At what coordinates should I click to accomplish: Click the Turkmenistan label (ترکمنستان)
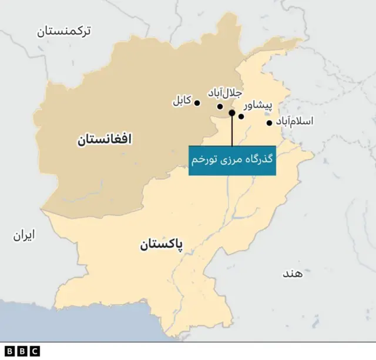point(72,31)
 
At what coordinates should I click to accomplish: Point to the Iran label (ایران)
point(24,235)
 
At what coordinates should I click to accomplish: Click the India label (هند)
point(292,274)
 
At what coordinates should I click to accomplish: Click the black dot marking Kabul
point(197,103)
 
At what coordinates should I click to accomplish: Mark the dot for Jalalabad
point(220,106)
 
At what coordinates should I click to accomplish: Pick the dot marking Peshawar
point(241,116)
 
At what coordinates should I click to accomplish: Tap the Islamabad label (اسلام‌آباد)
point(294,121)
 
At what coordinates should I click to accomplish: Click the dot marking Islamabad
point(269,123)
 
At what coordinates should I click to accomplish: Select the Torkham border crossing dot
point(232,112)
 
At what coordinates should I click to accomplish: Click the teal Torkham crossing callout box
point(232,160)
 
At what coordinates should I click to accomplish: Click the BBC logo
point(21,351)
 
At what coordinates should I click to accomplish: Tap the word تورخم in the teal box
point(204,160)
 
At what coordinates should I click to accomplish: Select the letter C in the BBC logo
point(35,351)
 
